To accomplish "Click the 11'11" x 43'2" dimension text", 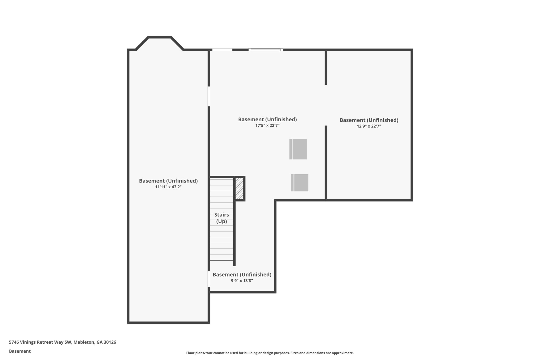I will tap(168, 187).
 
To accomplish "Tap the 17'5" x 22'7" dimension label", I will tap(267, 126).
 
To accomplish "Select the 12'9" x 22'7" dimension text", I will tap(369, 126).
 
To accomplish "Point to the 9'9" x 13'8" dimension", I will tap(242, 281).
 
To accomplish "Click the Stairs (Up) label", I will tap(221, 218).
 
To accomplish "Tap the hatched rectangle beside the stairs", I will tap(239, 189).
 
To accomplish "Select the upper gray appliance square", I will tap(298, 149).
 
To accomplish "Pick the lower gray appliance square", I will tap(300, 183).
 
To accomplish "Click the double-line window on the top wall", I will tap(266, 50).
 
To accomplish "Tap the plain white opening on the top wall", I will tap(222, 50).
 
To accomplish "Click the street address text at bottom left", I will tap(62, 342).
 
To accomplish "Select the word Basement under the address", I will tap(20, 351).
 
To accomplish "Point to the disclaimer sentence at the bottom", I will tap(270, 353).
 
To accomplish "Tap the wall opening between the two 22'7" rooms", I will tap(326, 105).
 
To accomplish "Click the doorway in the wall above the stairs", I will tap(209, 96).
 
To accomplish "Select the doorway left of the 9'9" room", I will tap(209, 279).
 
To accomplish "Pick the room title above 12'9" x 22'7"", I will tap(369, 120).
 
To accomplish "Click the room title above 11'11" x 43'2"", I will tap(168, 181).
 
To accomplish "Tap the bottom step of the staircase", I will tap(221, 257).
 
